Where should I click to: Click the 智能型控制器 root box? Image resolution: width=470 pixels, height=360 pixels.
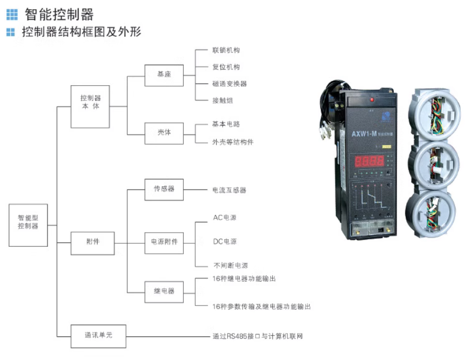28,222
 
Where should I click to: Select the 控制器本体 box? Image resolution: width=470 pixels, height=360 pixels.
91,102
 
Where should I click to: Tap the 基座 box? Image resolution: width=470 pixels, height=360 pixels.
164,75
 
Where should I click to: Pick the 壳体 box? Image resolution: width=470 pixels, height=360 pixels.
164,132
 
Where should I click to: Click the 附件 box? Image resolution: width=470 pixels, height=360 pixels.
93,242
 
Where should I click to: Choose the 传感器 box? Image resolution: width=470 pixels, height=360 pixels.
164,190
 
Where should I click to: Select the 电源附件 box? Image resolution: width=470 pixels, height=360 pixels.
164,242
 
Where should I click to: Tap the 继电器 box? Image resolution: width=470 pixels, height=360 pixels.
164,291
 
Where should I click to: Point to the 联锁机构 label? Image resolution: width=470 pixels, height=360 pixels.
226,50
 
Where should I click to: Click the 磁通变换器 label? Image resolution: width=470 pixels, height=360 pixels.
230,84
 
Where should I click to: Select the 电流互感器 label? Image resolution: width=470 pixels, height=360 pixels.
230,191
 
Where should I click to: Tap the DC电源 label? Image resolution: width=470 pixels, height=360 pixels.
224,241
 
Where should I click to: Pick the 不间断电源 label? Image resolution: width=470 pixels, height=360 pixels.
230,266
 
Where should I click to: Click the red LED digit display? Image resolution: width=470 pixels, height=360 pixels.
369,160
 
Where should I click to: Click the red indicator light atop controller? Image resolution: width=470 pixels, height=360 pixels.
371,100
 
